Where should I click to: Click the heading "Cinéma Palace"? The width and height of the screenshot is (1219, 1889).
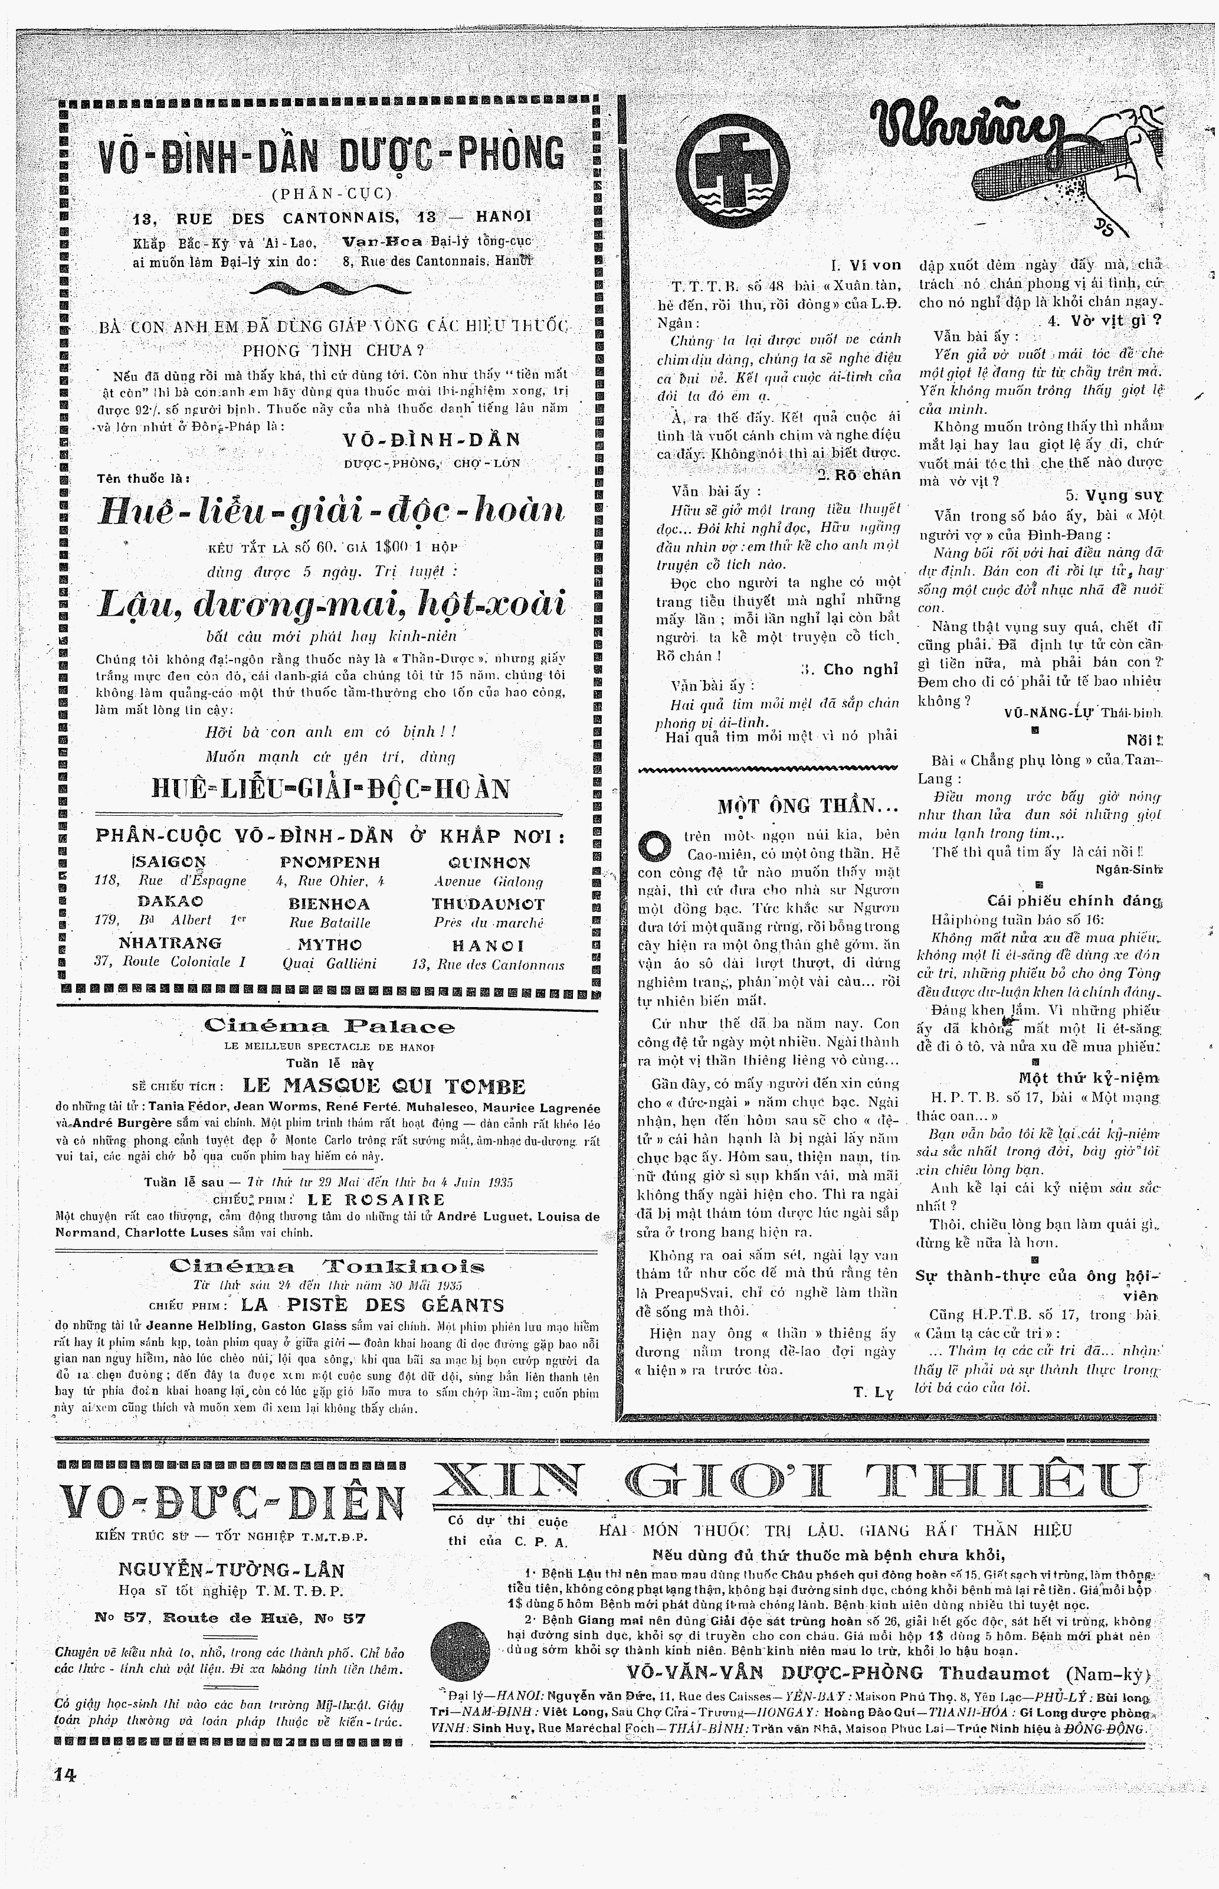[x=329, y=1027]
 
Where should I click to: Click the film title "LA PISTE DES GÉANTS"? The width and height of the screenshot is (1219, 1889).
[x=372, y=1305]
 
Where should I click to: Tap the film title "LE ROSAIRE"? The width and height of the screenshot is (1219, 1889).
[x=376, y=1200]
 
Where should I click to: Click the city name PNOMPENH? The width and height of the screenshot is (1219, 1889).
[x=330, y=862]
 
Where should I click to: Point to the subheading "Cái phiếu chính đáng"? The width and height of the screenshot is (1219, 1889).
[x=1074, y=900]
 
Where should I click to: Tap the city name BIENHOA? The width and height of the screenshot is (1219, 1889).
[x=329, y=903]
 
